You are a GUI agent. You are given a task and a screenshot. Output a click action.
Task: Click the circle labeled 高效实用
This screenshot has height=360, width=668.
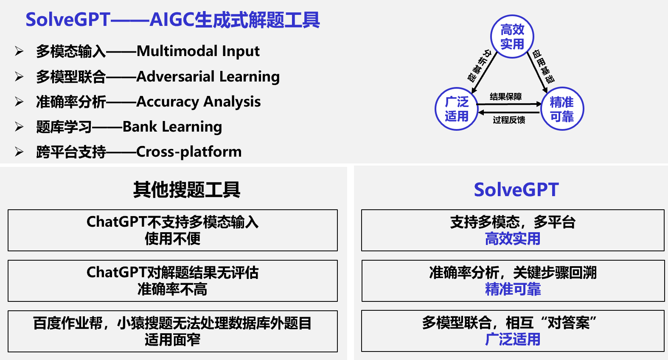coord(512,37)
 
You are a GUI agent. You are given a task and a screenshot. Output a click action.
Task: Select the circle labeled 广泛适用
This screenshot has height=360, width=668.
coord(457,109)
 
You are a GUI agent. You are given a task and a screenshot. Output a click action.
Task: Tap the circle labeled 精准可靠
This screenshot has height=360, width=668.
coord(562,109)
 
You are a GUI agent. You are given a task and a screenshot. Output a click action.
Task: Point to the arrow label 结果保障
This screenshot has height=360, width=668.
coord(506,97)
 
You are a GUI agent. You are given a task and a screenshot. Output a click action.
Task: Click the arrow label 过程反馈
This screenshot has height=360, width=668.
coord(509,120)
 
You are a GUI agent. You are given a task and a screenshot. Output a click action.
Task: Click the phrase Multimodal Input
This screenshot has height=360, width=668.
coord(198,51)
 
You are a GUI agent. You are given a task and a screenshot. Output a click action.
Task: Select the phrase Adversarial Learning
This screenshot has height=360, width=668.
coord(208,77)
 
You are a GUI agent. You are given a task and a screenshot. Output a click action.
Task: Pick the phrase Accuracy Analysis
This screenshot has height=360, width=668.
coord(199,102)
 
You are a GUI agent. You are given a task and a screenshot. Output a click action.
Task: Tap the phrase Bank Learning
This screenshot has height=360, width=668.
coord(172,127)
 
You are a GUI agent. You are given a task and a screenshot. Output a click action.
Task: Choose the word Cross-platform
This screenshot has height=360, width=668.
coord(189,152)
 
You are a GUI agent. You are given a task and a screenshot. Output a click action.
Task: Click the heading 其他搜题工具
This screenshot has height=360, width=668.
coord(187,190)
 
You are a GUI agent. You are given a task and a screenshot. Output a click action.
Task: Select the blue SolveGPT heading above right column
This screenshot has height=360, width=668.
coord(516,190)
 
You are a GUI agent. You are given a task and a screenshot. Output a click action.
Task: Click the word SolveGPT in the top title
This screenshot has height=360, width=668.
coord(68,20)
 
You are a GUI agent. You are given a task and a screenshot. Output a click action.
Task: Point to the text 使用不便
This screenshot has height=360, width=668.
coord(173,239)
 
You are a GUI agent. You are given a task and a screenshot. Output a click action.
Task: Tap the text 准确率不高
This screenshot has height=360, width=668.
coord(173,290)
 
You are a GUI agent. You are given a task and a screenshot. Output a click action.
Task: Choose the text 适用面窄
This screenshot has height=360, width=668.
coord(173,340)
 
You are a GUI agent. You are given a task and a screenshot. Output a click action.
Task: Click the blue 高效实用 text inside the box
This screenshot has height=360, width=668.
coord(513,239)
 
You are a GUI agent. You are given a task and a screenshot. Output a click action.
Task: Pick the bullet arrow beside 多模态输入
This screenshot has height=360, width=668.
coord(19,51)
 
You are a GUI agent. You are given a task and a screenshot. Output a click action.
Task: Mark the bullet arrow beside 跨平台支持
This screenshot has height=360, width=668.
coord(19,152)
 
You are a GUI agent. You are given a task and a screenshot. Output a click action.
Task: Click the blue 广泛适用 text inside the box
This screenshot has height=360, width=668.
coord(513,340)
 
